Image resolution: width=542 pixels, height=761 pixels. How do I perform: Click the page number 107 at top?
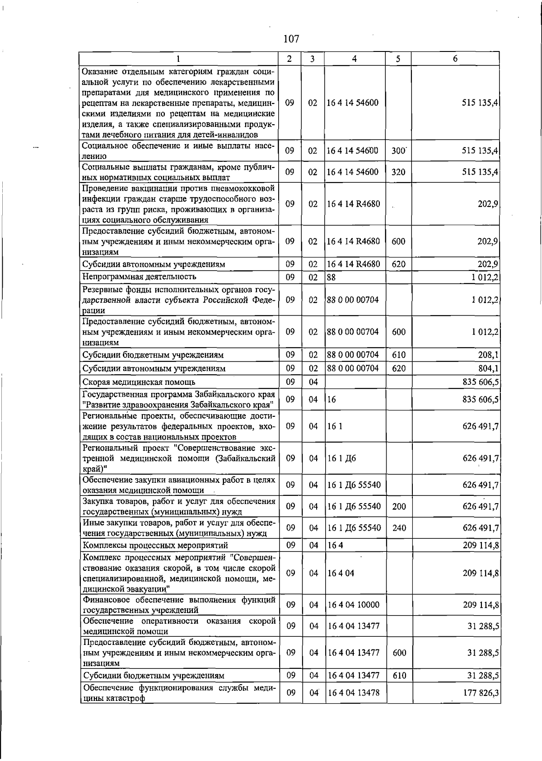(x=291, y=39)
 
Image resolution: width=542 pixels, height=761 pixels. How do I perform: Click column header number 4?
(x=355, y=59)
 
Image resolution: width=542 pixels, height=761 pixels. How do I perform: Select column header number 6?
(x=455, y=59)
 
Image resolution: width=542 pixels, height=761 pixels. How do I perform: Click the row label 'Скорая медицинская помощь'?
(x=132, y=383)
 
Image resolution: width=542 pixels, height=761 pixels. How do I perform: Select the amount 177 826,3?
(x=481, y=693)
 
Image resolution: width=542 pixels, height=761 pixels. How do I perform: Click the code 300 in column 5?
(x=398, y=151)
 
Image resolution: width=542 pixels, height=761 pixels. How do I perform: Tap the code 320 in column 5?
(x=398, y=172)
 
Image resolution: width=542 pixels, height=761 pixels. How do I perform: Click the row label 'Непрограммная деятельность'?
(x=139, y=276)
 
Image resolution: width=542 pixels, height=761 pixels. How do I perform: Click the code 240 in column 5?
(x=399, y=528)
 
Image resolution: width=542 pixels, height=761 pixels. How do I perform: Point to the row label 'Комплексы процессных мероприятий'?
(x=155, y=546)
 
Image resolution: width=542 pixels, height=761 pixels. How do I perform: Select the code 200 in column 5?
(x=399, y=507)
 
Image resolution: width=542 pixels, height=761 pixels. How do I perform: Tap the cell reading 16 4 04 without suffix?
(x=341, y=573)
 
